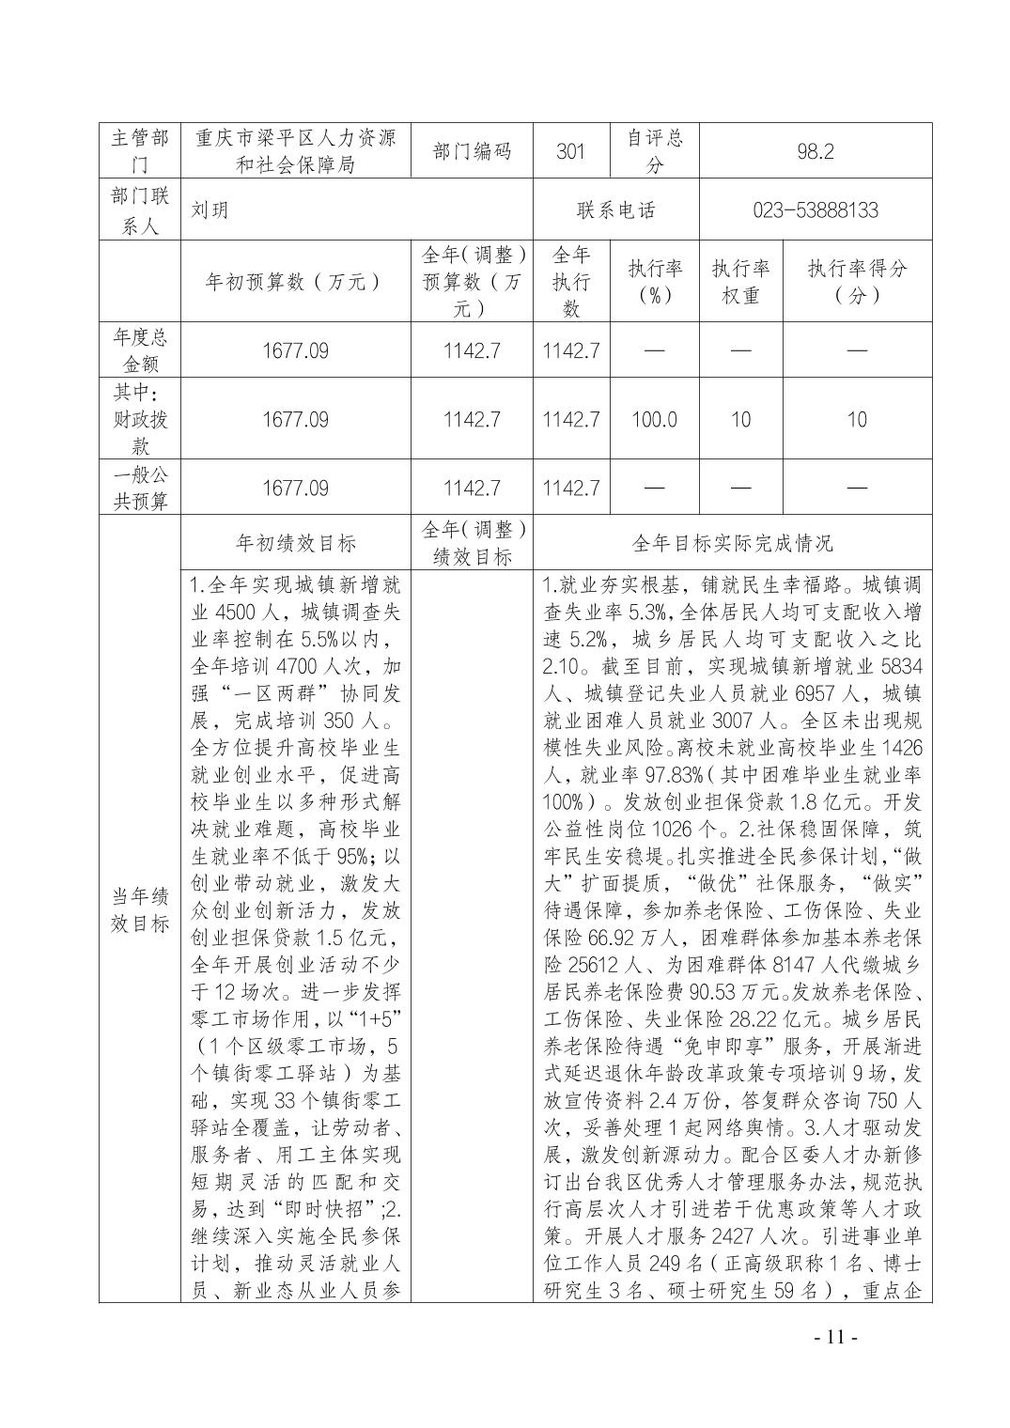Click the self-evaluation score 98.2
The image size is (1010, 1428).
[815, 151]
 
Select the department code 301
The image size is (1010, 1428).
[570, 151]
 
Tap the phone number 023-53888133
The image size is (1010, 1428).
[815, 210]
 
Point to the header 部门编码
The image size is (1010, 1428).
[472, 151]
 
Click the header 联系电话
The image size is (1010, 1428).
[615, 210]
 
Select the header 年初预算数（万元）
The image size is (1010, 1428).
[295, 282]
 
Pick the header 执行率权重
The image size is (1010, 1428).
[740, 282]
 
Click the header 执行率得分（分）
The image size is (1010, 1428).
[857, 282]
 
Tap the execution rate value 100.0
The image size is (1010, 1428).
[654, 419]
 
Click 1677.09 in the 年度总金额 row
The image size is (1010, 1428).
[295, 350]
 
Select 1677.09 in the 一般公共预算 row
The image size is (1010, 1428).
[295, 488]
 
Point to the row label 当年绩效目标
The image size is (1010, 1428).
[140, 908]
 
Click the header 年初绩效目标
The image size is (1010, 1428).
[295, 543]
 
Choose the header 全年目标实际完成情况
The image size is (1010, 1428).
[732, 543]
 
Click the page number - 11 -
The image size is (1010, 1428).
[832, 1337]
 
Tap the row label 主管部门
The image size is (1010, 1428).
[140, 151]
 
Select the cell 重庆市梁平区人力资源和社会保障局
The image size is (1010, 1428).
[295, 151]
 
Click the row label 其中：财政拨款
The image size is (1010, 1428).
[140, 419]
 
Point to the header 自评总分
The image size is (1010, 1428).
[654, 151]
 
